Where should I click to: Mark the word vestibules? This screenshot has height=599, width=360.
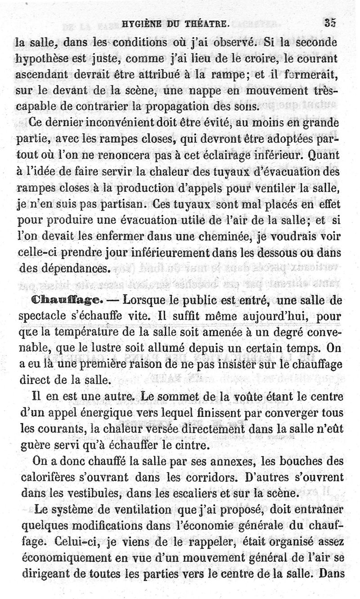pos(89,494)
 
